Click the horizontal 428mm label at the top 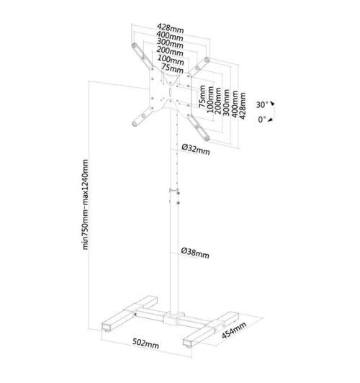coord(169,28)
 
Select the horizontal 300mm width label coord(169,45)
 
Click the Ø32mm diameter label coord(195,149)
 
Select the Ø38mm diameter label coord(195,253)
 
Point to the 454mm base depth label coord(235,331)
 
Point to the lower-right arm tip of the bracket coord(204,136)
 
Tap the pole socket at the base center coord(173,316)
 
